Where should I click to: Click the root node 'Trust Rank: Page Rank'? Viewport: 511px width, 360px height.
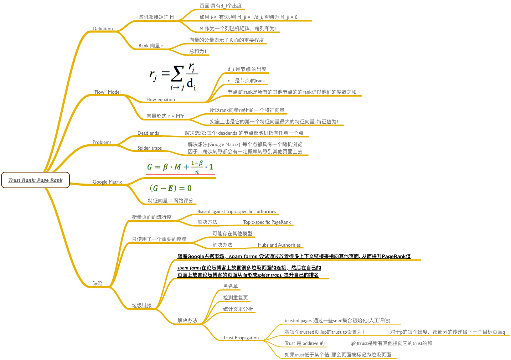[35, 180]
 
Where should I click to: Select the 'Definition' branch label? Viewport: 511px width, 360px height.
[103, 29]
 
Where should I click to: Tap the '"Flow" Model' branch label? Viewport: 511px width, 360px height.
[106, 92]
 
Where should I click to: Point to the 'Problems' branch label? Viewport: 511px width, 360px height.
[102, 142]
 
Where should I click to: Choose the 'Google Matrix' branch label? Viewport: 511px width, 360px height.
[107, 182]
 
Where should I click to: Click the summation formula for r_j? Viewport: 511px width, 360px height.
[174, 76]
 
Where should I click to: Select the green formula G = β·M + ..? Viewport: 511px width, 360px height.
[180, 167]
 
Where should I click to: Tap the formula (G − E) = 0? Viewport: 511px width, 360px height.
[171, 188]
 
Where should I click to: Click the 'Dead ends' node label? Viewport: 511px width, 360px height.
[148, 133]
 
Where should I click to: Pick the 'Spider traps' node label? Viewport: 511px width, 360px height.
[150, 148]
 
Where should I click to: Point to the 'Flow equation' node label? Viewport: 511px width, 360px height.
[161, 100]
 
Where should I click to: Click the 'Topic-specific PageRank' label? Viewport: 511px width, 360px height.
[267, 222]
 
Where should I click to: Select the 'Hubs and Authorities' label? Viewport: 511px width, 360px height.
[279, 245]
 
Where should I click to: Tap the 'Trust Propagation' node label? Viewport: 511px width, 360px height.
[241, 338]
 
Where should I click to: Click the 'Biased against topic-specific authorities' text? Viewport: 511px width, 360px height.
[237, 212]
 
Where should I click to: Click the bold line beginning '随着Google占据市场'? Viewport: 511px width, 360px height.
[294, 256]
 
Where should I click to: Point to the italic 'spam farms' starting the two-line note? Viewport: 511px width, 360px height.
[189, 268]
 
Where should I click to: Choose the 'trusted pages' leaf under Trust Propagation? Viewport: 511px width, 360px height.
[337, 321]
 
